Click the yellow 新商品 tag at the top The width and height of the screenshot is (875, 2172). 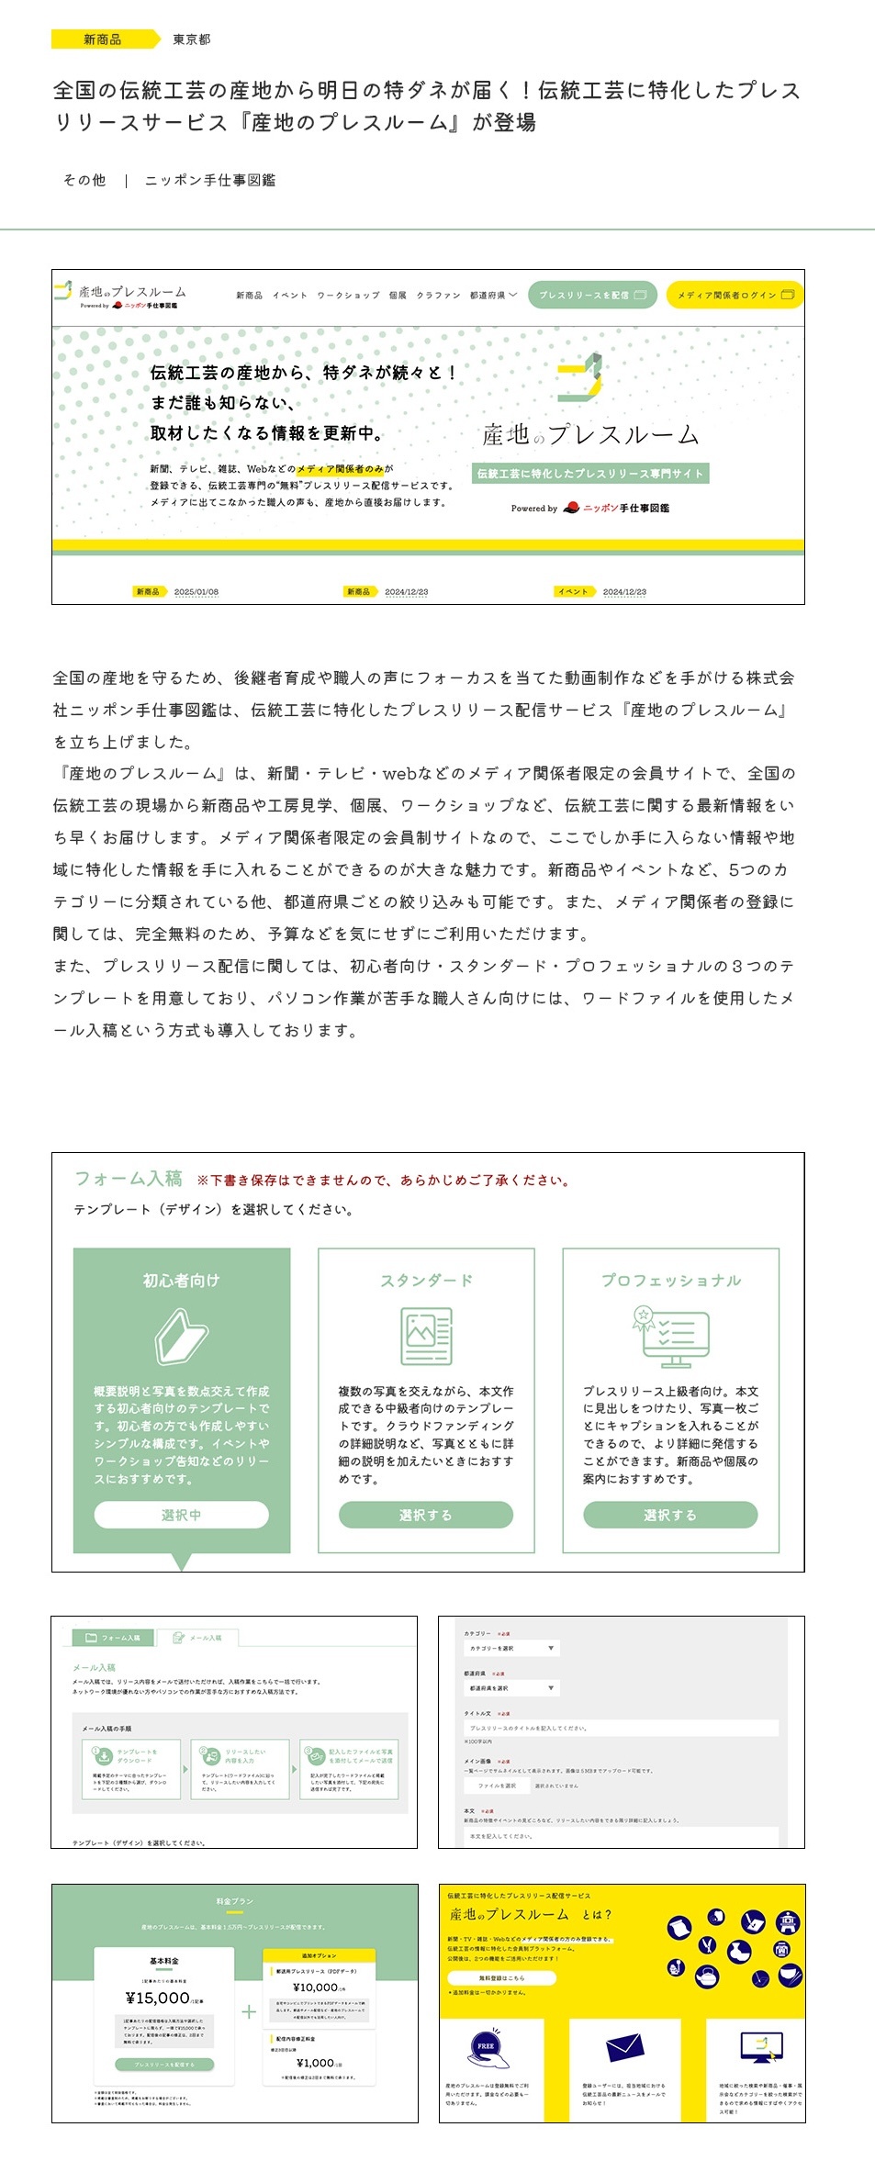[102, 39]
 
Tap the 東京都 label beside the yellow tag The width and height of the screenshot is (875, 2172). [192, 39]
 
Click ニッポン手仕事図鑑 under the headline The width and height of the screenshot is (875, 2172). [210, 181]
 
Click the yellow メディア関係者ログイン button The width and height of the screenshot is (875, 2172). [734, 296]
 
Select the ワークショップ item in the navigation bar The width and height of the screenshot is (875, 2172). [348, 296]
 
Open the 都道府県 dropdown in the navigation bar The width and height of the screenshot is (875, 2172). [493, 296]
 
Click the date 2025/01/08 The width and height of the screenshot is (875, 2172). [196, 592]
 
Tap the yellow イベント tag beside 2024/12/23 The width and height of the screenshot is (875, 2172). [574, 592]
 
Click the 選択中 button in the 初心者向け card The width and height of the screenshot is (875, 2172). [181, 1516]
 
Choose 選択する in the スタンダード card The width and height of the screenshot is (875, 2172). [425, 1516]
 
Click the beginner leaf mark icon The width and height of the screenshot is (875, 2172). [182, 1337]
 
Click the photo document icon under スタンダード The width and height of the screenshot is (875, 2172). [426, 1337]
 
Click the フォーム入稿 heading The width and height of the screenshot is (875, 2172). [129, 1179]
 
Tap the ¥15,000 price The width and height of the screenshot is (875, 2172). [159, 1998]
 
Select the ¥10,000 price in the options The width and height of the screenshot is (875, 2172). [316, 1987]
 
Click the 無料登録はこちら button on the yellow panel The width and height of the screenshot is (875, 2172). [501, 1978]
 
